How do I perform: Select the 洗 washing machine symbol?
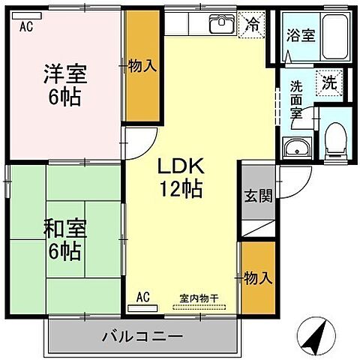click(x=328, y=83)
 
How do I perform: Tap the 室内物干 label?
click(x=199, y=298)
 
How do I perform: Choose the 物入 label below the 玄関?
click(x=257, y=278)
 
